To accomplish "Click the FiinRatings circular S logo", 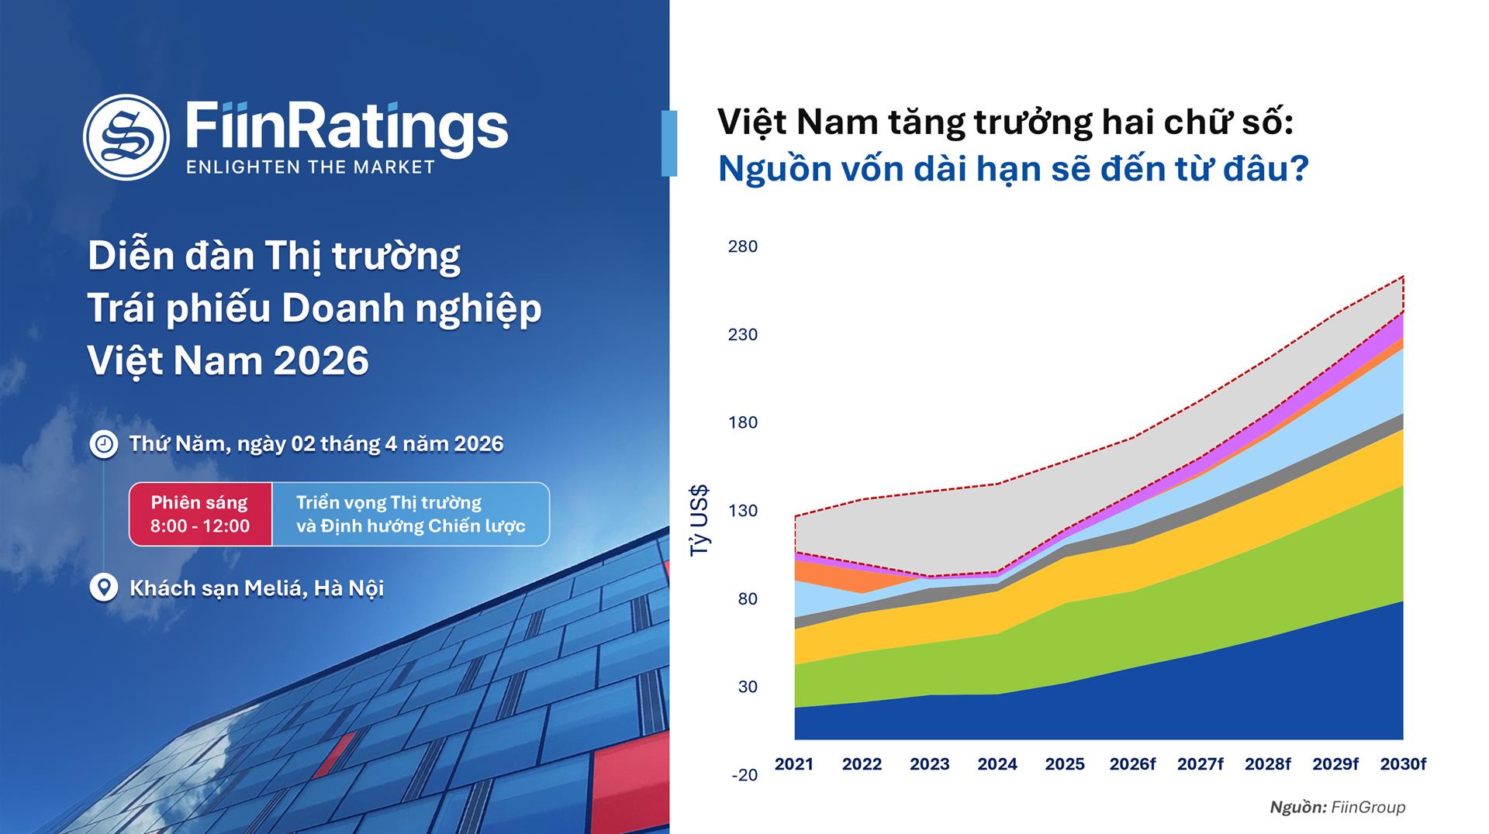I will [126, 137].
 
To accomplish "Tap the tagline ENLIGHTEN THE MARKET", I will [310, 167].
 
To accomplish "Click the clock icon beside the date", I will [103, 444].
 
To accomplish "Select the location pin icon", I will [103, 588].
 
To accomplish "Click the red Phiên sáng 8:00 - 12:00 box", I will [200, 514].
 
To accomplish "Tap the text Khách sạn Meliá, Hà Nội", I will [257, 588].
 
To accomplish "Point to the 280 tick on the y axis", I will [742, 246].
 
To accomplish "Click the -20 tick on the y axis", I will [744, 775].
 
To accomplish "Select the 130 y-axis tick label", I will [742, 511].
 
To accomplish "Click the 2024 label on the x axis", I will [997, 764].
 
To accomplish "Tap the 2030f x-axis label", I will [1402, 764].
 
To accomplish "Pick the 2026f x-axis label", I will [1131, 764].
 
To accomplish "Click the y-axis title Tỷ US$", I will [700, 520].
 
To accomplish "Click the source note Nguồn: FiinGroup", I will [1337, 808].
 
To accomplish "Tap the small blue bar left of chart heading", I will [668, 143].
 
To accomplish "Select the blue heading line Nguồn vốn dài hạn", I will [1012, 169].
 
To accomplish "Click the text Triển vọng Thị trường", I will [389, 502].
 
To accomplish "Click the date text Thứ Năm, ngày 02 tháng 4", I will [316, 444].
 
